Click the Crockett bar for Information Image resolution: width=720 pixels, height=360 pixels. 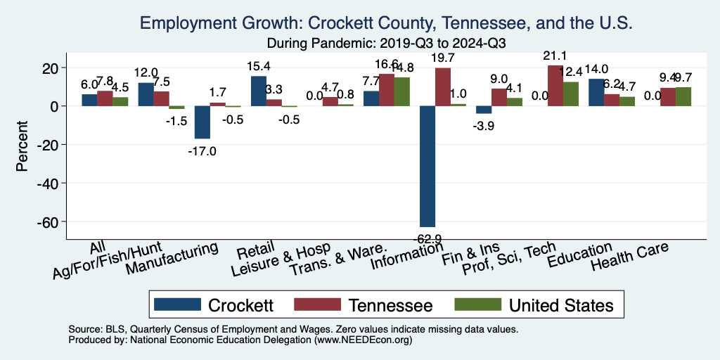point(427,166)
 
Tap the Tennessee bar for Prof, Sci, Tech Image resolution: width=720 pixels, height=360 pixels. point(555,86)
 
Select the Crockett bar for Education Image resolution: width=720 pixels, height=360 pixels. point(596,93)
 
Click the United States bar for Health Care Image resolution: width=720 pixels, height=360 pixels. point(683,97)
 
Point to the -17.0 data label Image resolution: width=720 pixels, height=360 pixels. point(202,150)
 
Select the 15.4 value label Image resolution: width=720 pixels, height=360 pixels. point(259,67)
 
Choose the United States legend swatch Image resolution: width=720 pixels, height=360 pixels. point(478,304)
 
